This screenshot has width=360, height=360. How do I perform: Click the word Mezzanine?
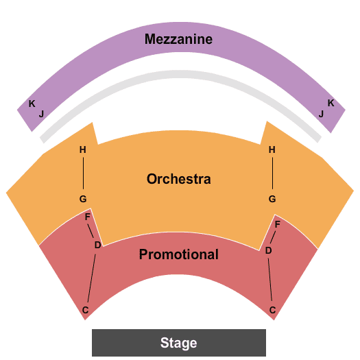click(x=178, y=39)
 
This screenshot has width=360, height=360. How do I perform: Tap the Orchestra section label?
click(x=178, y=179)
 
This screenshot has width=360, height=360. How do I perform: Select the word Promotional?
click(x=178, y=254)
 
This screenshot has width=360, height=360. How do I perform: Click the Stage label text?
click(x=178, y=343)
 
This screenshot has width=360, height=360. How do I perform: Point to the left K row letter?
click(x=32, y=104)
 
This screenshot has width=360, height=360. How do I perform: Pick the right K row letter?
click(x=331, y=103)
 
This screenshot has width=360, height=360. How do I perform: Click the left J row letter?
click(x=41, y=114)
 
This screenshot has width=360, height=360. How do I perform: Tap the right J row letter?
click(x=321, y=114)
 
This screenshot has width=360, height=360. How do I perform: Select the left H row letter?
click(x=83, y=149)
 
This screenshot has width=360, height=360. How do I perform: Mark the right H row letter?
click(x=272, y=149)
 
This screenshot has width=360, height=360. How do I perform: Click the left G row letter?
click(x=83, y=199)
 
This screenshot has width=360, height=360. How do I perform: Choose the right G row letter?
click(x=272, y=199)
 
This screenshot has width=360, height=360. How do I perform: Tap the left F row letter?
click(x=88, y=217)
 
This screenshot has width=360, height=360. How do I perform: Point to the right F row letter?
click(x=277, y=224)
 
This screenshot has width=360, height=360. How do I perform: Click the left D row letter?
click(x=98, y=245)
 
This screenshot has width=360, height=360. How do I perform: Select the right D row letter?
click(x=269, y=250)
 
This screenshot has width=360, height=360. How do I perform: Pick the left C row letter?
click(x=86, y=310)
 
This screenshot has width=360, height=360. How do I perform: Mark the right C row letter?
click(x=272, y=310)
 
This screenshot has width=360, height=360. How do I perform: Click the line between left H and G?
click(x=83, y=173)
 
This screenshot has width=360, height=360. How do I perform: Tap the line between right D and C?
click(x=270, y=279)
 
